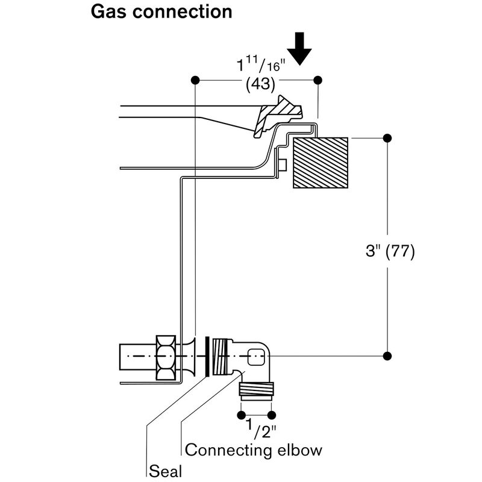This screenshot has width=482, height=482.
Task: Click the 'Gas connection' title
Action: [161, 12]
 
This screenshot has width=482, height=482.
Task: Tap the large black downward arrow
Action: [299, 49]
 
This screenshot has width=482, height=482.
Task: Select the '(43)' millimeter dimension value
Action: [260, 84]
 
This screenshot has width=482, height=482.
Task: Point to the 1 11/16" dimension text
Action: [261, 64]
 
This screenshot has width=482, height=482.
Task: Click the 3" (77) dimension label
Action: [390, 251]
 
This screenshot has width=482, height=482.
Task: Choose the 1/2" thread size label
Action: [261, 428]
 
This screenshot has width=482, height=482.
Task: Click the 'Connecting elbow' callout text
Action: [254, 450]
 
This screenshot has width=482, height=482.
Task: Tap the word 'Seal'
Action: [165, 471]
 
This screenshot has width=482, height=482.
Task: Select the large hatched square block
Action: [321, 163]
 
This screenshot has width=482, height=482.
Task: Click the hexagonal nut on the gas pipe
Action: [166, 357]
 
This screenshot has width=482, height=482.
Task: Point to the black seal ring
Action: [207, 357]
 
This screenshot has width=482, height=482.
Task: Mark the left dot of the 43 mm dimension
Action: [195, 80]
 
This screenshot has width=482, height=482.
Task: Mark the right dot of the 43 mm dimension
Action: [318, 80]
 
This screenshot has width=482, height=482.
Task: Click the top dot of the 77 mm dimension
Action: [387, 139]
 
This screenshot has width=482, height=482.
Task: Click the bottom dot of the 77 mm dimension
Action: [387, 356]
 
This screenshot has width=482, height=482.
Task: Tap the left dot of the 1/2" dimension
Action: [242, 415]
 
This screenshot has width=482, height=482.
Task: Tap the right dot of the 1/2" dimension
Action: [272, 415]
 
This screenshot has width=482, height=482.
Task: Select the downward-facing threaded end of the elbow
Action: [256, 390]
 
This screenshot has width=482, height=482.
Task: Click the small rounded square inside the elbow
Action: [256, 357]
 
